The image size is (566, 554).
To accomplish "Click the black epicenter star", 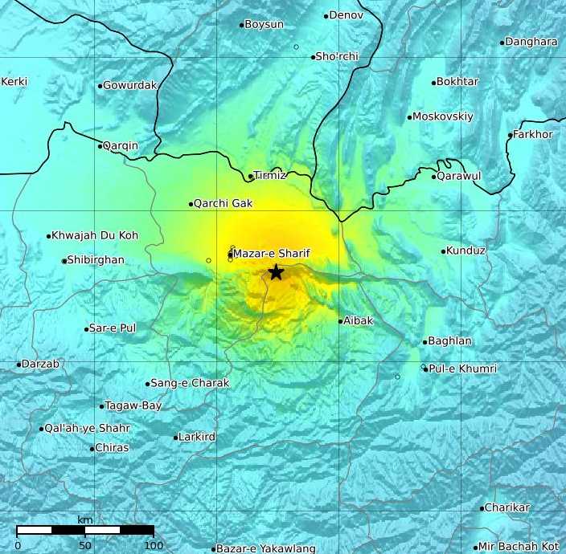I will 276,272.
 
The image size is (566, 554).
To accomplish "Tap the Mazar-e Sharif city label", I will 272,254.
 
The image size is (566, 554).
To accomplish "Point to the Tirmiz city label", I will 269,176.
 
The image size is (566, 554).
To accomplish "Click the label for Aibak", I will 359,320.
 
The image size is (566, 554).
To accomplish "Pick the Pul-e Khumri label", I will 462,369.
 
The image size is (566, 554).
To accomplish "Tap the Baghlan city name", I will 450,341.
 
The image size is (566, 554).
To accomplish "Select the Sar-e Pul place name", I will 113,328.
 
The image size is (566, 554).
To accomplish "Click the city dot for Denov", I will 326,15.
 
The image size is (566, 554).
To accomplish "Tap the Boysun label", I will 264,24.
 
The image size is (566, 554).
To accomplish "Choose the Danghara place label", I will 531,42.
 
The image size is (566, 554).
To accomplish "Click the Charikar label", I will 508,507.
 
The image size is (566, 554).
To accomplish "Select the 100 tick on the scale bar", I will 154,545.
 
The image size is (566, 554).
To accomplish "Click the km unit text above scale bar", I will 84,520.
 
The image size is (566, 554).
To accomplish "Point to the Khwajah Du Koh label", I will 95,235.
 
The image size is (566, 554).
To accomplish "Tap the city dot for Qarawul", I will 434,177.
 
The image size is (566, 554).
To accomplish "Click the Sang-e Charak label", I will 190,383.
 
